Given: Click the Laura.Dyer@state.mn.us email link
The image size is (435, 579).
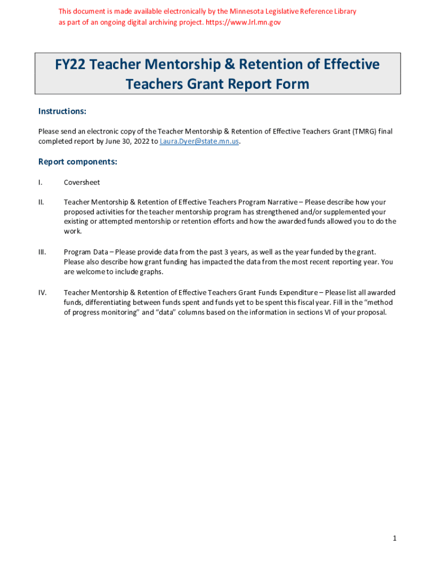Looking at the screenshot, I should (x=200, y=141).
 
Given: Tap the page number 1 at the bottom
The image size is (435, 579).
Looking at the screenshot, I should (x=395, y=538).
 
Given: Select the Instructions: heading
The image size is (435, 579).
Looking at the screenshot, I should (x=62, y=111).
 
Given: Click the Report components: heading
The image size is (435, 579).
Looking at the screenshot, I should (x=77, y=162).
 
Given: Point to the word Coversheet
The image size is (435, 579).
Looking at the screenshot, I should (x=82, y=183).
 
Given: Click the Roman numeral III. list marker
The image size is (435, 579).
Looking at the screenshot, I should (x=42, y=252).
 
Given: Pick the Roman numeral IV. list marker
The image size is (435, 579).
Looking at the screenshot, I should (x=42, y=292).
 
